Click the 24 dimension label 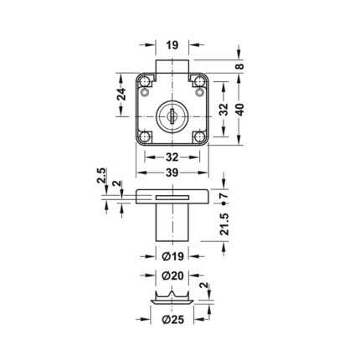[121, 95]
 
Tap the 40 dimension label [240, 110]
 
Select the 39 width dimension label [172, 173]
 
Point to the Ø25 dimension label [173, 319]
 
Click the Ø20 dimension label [172, 275]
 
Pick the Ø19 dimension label [172, 256]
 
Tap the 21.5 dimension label [225, 224]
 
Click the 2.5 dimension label [101, 175]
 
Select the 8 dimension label [240, 66]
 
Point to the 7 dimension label [225, 195]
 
